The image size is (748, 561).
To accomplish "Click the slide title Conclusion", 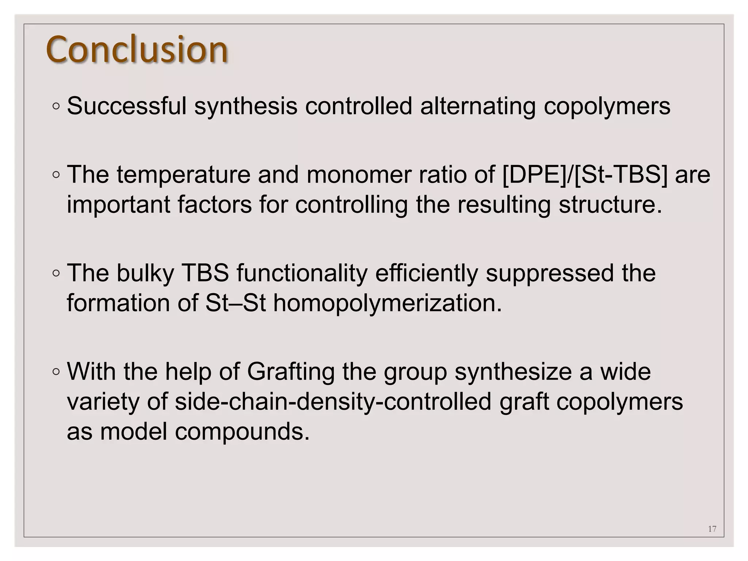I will point(137,50).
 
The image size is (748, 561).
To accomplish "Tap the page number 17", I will point(712,528).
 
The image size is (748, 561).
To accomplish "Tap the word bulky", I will point(145,273).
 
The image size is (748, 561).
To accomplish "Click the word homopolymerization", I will point(388,303).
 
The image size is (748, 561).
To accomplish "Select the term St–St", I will point(235,303).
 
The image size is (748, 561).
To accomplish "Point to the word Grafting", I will point(291,371).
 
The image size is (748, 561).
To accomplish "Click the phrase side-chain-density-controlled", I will point(333,401).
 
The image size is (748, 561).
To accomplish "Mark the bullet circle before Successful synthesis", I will point(56,106).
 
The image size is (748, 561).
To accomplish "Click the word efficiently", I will point(427,273).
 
